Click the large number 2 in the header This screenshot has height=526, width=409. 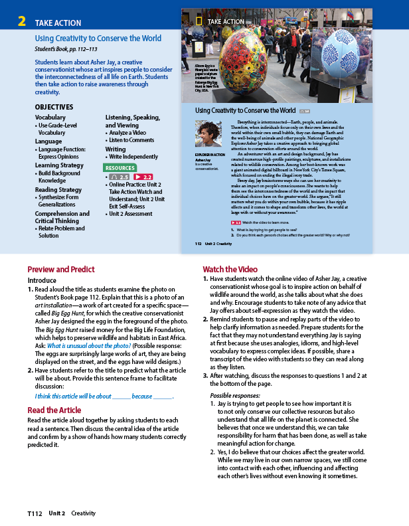pos(22,22)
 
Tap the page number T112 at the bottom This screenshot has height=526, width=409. pos(35,513)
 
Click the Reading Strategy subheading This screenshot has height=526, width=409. pos(58,190)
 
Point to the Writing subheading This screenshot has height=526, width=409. pos(116,149)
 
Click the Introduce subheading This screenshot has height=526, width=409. pos(42,280)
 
